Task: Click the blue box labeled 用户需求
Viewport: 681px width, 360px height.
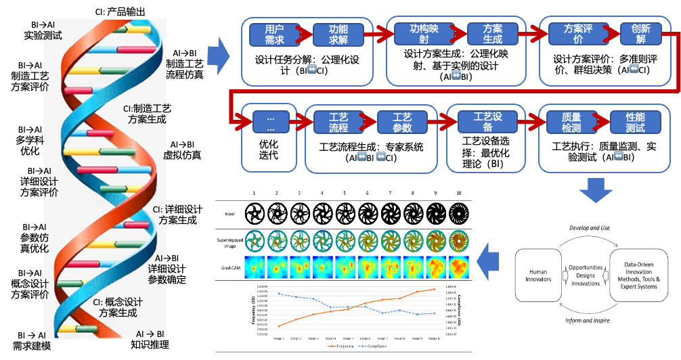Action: [x=273, y=35]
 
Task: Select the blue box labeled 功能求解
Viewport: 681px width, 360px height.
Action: [x=338, y=35]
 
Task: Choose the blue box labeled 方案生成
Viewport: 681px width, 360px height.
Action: [x=493, y=35]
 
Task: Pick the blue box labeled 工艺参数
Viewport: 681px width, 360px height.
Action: [x=402, y=122]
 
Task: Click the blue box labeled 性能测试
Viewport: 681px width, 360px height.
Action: [x=635, y=122]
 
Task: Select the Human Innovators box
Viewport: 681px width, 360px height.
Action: [x=538, y=275]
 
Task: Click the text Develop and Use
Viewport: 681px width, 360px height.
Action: [x=587, y=229]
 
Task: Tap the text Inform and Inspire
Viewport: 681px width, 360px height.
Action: [x=588, y=320]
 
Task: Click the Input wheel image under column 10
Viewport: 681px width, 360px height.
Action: [x=458, y=213]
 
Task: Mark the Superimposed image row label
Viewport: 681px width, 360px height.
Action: [x=229, y=242]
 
